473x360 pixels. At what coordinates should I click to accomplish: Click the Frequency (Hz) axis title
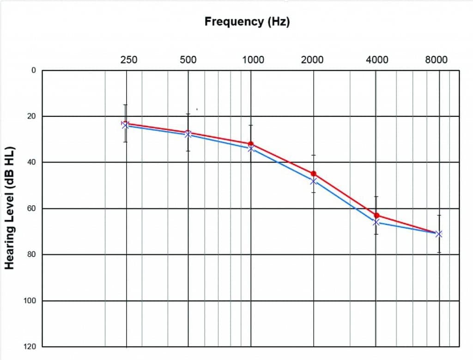coord(247,21)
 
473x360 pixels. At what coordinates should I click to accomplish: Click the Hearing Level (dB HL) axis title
coord(10,208)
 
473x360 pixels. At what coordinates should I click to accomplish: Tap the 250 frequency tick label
coord(129,60)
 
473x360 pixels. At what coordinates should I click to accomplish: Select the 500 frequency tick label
coord(188,60)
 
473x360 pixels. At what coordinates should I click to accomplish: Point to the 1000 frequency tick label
coord(253,60)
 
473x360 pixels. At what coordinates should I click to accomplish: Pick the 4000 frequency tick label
coord(377,60)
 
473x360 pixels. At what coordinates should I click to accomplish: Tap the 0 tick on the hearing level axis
coord(33,70)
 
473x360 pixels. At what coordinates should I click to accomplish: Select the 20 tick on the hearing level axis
coord(31,116)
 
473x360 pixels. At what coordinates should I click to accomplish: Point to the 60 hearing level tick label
coord(31,208)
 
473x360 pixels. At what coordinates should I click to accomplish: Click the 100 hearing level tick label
coord(30,301)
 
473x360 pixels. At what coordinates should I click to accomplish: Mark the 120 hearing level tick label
coord(30,347)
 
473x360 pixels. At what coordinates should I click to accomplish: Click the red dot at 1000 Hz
coord(251,144)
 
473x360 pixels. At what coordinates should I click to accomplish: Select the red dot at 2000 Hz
coord(314,173)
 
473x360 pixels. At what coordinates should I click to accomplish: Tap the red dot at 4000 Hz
coord(377,215)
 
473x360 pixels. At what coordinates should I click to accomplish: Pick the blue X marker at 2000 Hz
coord(314,181)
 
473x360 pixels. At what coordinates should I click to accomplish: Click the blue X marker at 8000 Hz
coord(439,234)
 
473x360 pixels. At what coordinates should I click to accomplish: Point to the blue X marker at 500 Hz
coord(188,134)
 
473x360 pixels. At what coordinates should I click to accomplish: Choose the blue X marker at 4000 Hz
coord(376,222)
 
